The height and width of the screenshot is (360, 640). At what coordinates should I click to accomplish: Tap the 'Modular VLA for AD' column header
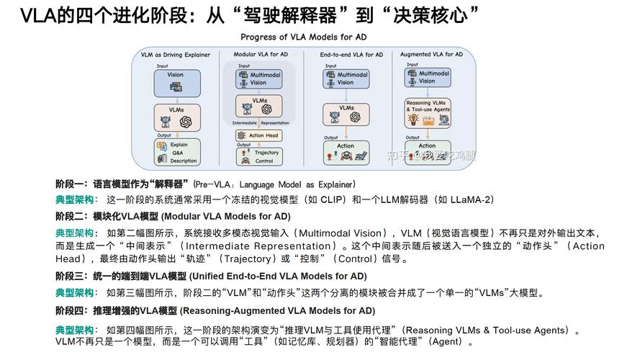tap(261, 54)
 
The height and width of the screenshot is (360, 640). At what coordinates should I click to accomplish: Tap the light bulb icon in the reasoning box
tap(413, 120)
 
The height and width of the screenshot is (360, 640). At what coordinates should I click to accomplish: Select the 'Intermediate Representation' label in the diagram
tap(260, 123)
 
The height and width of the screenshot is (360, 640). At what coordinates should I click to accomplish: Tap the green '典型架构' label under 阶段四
tap(75, 330)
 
